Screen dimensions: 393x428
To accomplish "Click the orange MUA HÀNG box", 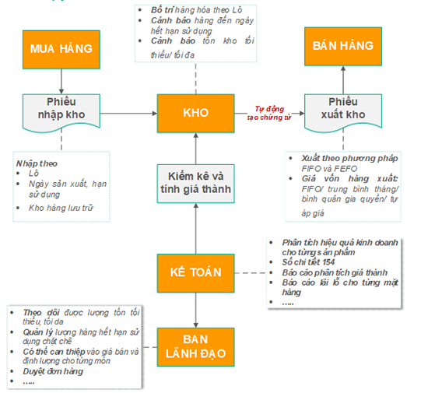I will click(x=61, y=49).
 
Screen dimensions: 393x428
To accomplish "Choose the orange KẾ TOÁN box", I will click(x=195, y=272).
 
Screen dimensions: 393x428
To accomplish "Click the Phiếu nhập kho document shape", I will click(x=61, y=112).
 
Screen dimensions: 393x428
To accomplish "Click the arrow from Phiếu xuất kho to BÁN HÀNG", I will click(x=342, y=79).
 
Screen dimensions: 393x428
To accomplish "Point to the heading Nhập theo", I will click(x=36, y=163).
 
